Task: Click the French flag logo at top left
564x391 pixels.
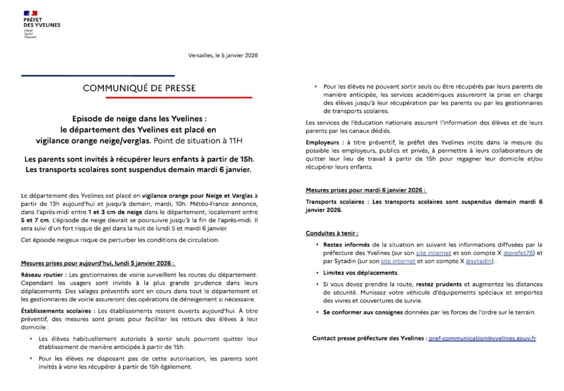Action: [30, 13]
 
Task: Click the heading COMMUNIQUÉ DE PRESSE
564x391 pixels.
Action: [139, 88]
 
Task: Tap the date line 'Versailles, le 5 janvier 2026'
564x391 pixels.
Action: [222, 56]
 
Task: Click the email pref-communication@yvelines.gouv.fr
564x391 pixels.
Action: [482, 338]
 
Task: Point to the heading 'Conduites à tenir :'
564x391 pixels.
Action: [332, 233]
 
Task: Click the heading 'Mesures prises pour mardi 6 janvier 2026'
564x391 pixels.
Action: [366, 190]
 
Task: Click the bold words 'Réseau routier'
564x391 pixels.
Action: [41, 274]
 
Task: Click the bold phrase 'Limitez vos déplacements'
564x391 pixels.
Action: [356, 273]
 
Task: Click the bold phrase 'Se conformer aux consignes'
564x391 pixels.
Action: [359, 312]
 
